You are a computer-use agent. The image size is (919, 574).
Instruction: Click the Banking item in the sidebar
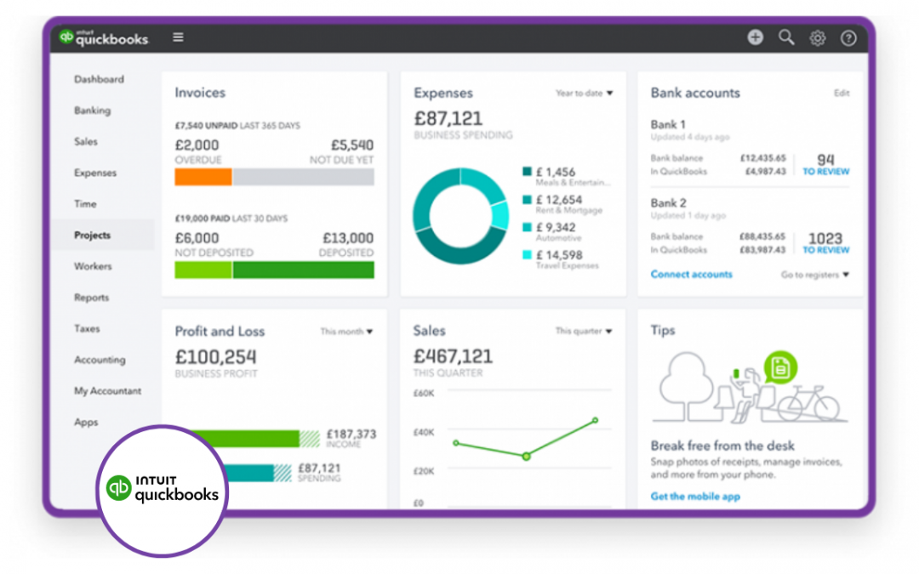coord(92,111)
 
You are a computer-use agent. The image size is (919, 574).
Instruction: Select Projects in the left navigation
coord(92,236)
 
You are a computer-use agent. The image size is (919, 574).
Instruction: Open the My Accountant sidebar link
coord(107,391)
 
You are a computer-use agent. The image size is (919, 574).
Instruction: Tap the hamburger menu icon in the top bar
coord(178,37)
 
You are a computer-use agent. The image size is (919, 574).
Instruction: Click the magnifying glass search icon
coord(786,37)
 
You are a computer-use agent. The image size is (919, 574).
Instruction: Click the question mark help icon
coord(848,38)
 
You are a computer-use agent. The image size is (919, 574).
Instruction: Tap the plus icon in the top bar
coord(756,37)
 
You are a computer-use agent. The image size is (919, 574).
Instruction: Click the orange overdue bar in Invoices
coord(203,177)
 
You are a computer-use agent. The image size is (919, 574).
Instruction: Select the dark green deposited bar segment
coord(303,270)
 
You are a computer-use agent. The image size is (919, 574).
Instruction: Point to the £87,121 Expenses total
coord(448,118)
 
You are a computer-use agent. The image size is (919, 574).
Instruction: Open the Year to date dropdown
coord(584,94)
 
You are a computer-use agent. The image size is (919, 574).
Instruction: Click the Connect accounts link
coord(691,275)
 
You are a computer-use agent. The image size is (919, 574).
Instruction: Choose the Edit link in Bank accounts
coord(841,94)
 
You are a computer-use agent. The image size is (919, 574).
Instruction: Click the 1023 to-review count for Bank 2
coord(825,239)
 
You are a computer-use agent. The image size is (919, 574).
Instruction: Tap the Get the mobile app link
coord(695,497)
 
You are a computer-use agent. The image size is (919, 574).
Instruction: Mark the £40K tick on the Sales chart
coord(424,433)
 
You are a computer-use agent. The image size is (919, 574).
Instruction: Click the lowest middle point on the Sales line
coord(526,457)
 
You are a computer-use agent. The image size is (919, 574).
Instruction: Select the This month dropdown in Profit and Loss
coord(346,332)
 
